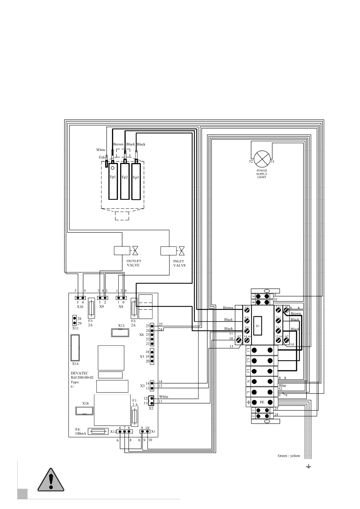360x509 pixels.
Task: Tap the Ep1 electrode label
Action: pos(113,177)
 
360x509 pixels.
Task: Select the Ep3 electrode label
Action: pos(136,177)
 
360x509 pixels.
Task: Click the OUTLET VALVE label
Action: pos(134,263)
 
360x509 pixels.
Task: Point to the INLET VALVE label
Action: pos(179,263)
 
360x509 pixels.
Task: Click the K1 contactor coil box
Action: pos(258,326)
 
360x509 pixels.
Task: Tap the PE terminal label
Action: pos(262,402)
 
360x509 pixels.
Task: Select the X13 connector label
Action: pos(121,326)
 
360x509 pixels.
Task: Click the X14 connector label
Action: pos(75,364)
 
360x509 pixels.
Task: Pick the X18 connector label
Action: pos(85,404)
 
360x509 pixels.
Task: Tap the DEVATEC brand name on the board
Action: pos(80,373)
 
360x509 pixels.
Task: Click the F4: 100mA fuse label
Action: pos(80,431)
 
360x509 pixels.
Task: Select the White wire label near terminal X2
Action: pos(163,397)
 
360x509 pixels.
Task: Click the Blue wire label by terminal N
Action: pos(282,385)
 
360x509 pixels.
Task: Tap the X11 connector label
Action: pos(75,328)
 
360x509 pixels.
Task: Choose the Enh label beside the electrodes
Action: pos(102,157)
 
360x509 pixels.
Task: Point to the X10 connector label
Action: pos(80,307)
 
